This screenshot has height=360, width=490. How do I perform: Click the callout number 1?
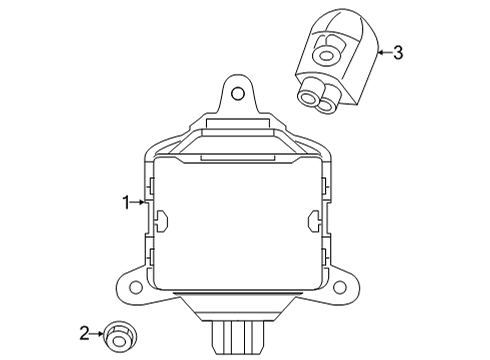(126, 202)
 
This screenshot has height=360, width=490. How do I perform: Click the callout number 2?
(85, 333)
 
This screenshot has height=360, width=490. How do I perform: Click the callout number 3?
(398, 53)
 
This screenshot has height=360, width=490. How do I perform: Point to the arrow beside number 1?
(138, 202)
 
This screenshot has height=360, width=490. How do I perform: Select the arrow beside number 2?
(97, 333)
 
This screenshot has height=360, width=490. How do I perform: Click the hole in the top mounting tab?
(237, 94)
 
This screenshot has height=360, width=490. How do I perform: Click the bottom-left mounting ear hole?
(135, 287)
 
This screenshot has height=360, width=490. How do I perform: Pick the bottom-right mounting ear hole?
(340, 287)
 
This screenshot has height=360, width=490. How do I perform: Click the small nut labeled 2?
(120, 337)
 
